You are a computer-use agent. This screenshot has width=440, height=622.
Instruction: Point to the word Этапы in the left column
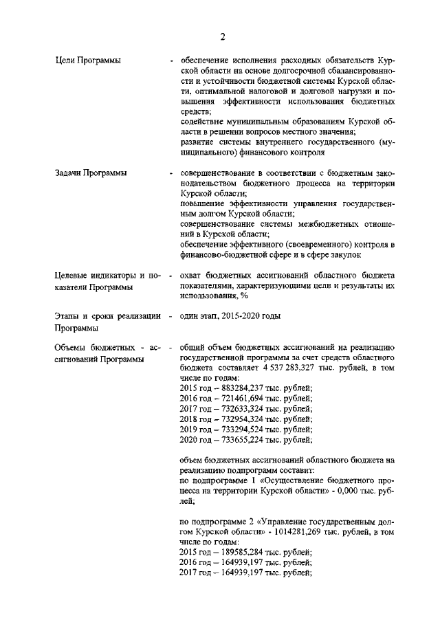point(67,316)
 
